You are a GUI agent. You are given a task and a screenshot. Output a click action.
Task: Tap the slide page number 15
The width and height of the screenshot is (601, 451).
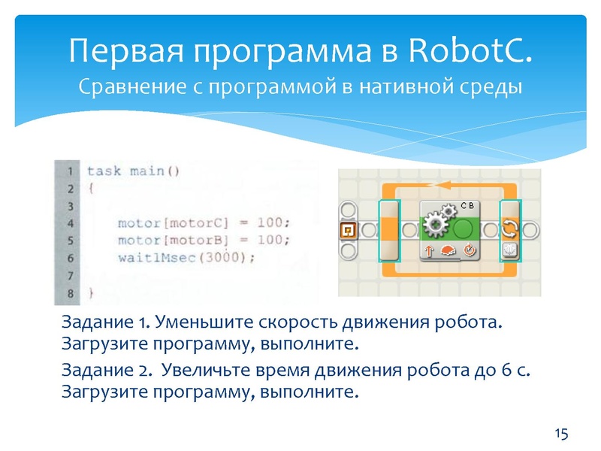click(560, 433)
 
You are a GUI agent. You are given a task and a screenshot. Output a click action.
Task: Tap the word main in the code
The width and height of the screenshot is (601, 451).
click(146, 171)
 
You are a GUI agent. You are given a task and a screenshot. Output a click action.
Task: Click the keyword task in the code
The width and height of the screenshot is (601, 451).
click(103, 171)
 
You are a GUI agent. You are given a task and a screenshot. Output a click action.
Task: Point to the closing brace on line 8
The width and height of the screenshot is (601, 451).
click(92, 291)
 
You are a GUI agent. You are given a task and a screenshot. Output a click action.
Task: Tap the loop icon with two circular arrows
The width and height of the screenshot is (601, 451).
click(510, 229)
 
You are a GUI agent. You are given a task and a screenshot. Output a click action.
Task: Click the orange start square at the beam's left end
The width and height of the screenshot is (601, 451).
click(347, 229)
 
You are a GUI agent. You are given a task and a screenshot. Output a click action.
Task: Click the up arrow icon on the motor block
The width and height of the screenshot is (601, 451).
click(430, 251)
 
